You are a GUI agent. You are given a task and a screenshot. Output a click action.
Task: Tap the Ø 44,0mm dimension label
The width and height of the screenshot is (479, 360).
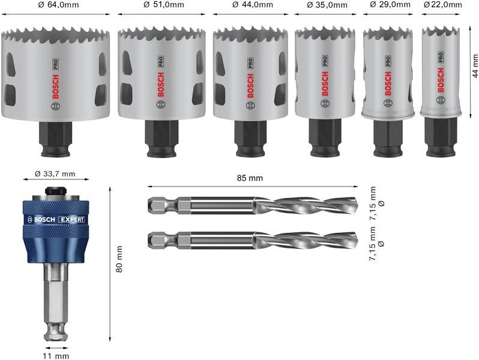pyautogui.click(x=252, y=5)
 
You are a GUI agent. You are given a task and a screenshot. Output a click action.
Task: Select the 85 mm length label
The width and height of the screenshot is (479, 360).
pyautogui.click(x=250, y=178)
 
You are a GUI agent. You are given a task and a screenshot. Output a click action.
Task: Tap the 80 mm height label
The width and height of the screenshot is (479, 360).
pyautogui.click(x=120, y=259)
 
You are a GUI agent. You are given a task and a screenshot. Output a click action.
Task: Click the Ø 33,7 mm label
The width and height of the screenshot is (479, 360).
pyautogui.click(x=55, y=174)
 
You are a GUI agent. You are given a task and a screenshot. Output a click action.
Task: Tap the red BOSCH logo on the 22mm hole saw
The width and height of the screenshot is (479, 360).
pyautogui.click(x=441, y=79)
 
